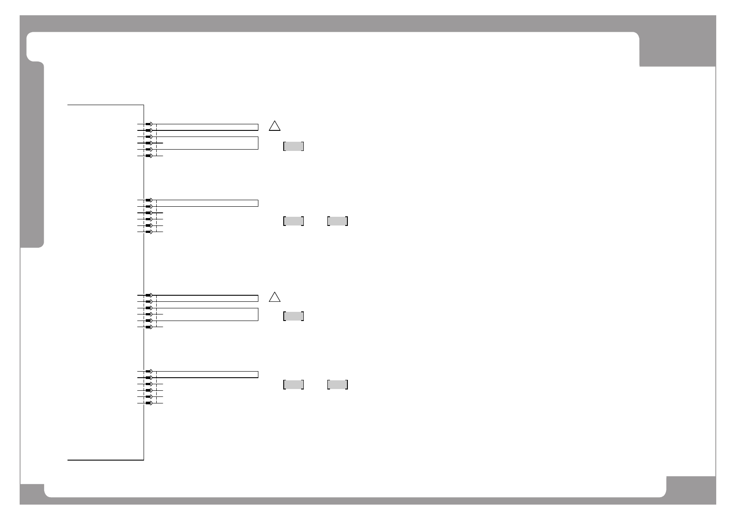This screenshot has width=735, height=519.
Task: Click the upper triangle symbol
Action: (x=274, y=126)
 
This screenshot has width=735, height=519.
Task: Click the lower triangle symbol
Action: (x=274, y=297)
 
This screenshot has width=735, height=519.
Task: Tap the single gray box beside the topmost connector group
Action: (x=293, y=146)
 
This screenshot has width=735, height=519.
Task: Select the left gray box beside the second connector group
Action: (x=293, y=221)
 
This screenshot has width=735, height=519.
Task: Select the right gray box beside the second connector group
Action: (x=337, y=221)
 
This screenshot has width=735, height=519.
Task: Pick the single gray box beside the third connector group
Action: (x=293, y=316)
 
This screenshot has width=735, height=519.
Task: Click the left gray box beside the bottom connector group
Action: (x=293, y=384)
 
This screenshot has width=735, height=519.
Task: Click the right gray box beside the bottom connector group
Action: (x=337, y=384)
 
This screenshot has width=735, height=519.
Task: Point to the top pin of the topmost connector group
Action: (x=149, y=124)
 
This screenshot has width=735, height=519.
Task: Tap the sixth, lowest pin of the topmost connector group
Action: (x=149, y=156)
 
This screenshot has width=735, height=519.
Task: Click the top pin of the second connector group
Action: (x=149, y=200)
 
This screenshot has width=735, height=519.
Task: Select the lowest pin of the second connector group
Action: (x=149, y=232)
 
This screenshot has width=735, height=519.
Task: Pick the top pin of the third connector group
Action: (x=149, y=295)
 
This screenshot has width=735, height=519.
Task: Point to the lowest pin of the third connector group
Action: (x=149, y=327)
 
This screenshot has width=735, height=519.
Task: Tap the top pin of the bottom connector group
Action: (x=149, y=371)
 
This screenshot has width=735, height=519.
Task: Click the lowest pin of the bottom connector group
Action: (x=149, y=403)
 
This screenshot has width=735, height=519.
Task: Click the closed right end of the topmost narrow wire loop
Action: (x=258, y=127)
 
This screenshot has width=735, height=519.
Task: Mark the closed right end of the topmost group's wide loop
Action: (x=258, y=143)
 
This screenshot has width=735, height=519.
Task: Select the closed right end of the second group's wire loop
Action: (x=258, y=203)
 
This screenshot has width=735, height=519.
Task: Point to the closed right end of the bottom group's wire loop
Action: (x=258, y=374)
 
